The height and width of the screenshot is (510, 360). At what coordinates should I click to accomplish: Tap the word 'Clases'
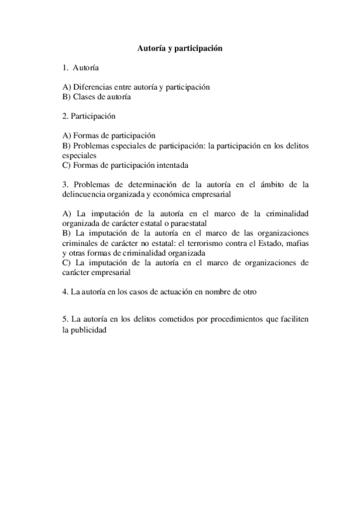tap(83, 96)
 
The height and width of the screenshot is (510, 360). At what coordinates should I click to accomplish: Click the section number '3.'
tap(66, 185)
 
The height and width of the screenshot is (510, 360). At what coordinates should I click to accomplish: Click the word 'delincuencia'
tap(85, 194)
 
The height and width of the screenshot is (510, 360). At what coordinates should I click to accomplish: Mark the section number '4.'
tap(66, 292)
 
